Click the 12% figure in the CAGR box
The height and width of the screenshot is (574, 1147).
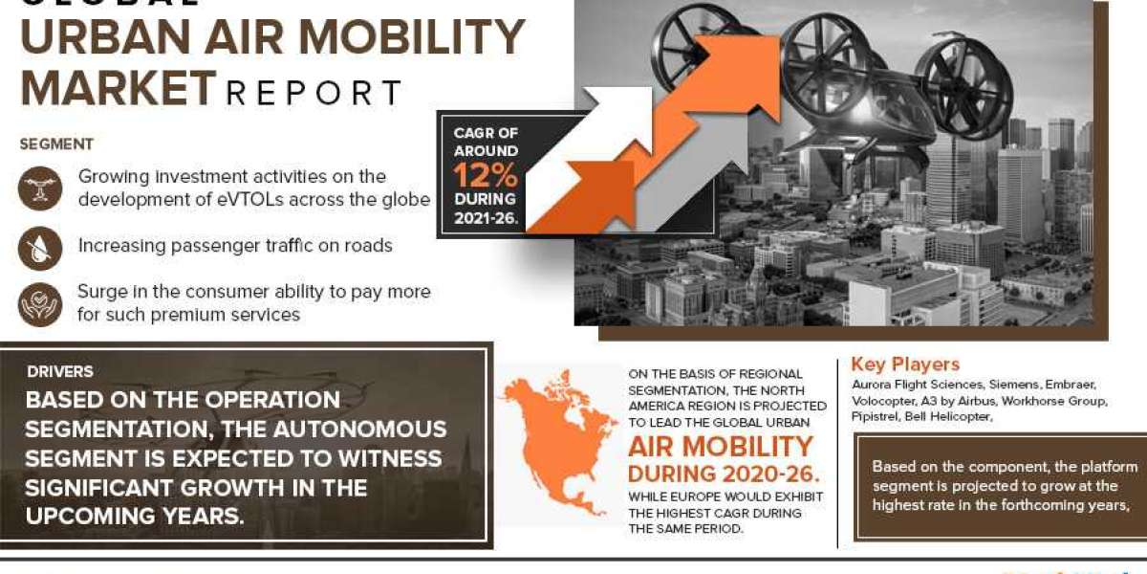pyautogui.click(x=485, y=175)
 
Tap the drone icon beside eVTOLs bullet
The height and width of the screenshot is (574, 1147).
pyautogui.click(x=39, y=188)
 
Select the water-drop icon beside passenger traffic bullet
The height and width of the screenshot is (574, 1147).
pyautogui.click(x=39, y=248)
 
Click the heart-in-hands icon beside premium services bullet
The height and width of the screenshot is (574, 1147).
pyautogui.click(x=39, y=303)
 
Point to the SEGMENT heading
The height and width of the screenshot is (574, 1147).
pyautogui.click(x=56, y=144)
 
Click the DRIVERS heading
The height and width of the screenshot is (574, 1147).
pyautogui.click(x=59, y=371)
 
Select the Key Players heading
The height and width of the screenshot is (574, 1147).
pyautogui.click(x=905, y=364)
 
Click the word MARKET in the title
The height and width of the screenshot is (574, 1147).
pyautogui.click(x=118, y=87)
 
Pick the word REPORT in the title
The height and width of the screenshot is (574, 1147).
pyautogui.click(x=314, y=93)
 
